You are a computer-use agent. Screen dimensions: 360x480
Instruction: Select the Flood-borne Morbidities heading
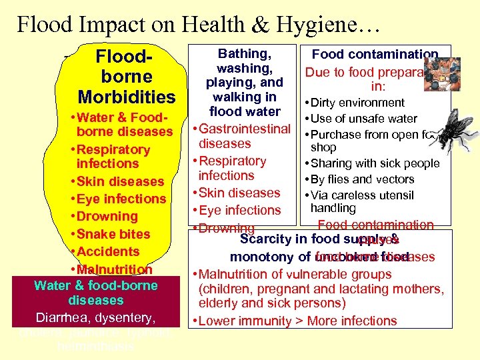pos(126,76)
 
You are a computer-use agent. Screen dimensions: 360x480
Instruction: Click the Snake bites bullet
pos(113,234)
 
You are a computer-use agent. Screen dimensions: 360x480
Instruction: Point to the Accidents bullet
pos(108,251)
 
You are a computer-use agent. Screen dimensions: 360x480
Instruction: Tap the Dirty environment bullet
pos(358,103)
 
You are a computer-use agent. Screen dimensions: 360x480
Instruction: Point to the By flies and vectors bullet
pos(363,179)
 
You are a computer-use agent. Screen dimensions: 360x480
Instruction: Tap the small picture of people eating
pos(438,69)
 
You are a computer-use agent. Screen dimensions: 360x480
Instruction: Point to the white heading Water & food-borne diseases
pos(95,293)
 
